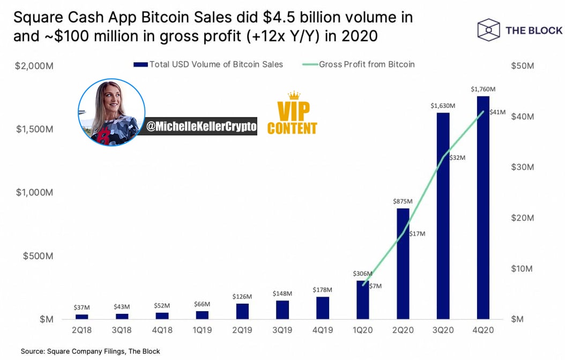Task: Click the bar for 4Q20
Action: (x=483, y=208)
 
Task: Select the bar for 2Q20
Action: (x=403, y=263)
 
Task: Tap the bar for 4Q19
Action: (x=323, y=308)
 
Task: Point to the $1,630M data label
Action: (x=443, y=106)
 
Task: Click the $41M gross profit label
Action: (x=497, y=112)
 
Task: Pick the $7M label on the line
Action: (x=375, y=286)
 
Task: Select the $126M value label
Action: (x=242, y=297)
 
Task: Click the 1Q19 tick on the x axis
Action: (x=202, y=330)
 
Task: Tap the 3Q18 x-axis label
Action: (x=122, y=330)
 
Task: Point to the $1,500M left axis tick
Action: (x=34, y=129)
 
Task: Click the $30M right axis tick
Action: (x=523, y=167)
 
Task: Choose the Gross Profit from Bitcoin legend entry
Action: (x=359, y=64)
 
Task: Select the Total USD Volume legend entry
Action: (x=209, y=64)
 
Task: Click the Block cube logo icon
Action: (x=488, y=30)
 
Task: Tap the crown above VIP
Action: (x=294, y=95)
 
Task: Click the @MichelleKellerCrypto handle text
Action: (x=202, y=126)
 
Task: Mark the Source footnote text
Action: (x=90, y=351)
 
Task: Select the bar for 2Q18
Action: (x=82, y=317)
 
